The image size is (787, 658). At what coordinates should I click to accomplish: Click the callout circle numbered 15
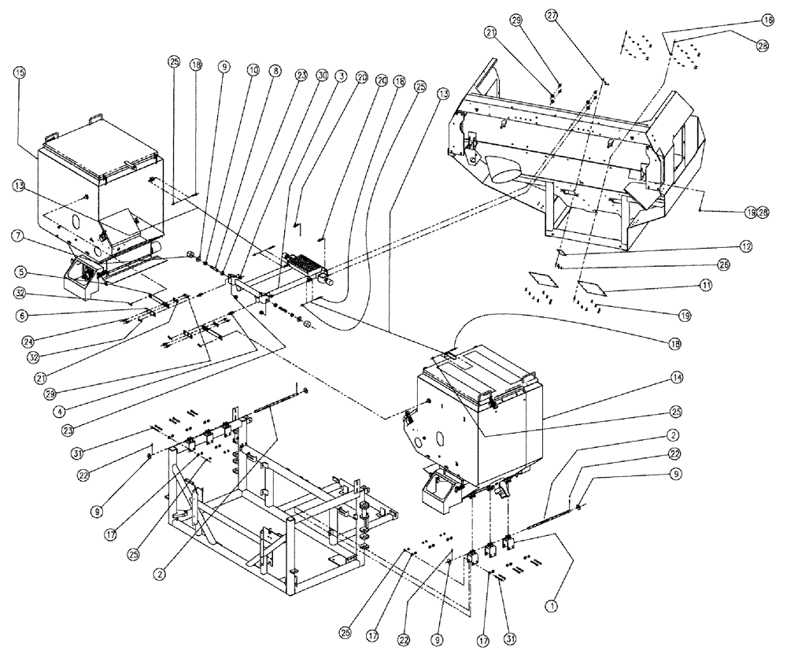click(20, 72)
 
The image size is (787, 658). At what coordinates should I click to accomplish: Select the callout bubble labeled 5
click(20, 273)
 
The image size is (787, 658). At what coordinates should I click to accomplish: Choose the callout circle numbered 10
click(253, 70)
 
